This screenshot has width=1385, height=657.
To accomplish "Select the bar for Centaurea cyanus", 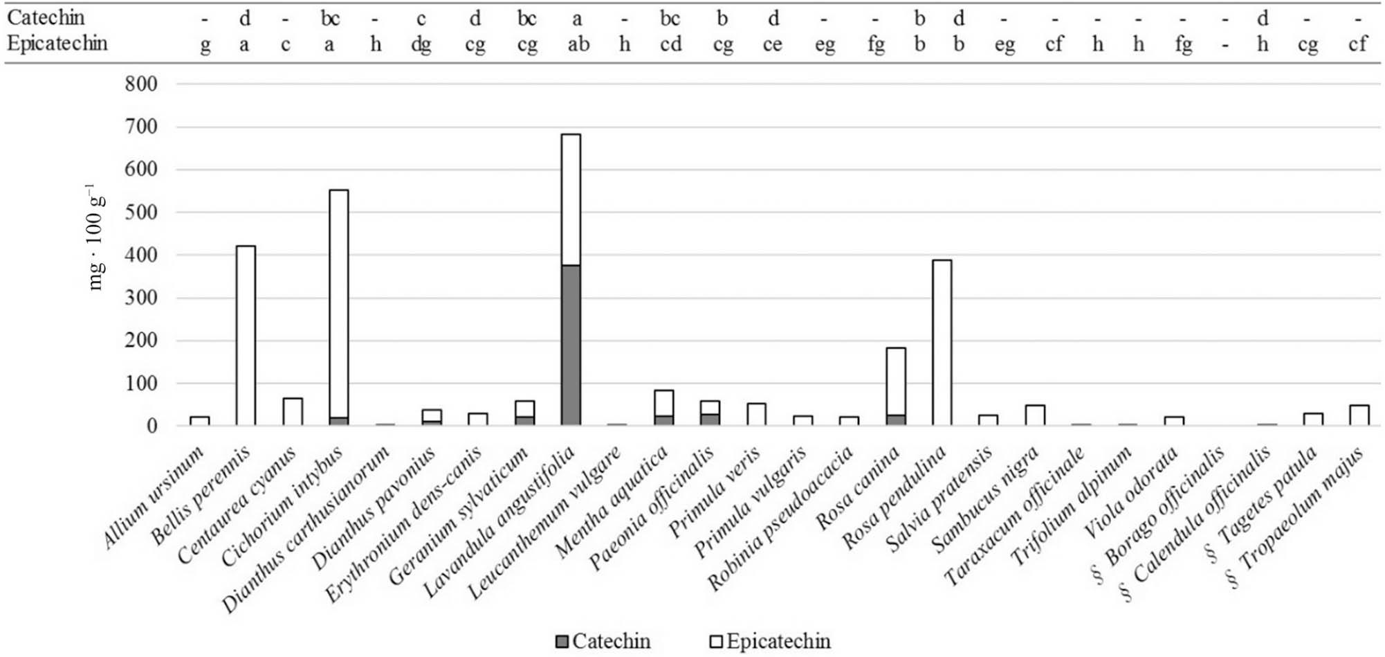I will (292, 411).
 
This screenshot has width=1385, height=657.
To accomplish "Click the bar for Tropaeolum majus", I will (1359, 415).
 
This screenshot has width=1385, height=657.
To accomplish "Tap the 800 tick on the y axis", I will (141, 84).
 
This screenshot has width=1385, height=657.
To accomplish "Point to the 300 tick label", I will (141, 298).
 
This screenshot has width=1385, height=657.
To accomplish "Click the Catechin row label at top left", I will (46, 17).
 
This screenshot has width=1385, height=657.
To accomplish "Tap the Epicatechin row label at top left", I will (57, 43).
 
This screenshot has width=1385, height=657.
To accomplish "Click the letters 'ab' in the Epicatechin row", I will (578, 44).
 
